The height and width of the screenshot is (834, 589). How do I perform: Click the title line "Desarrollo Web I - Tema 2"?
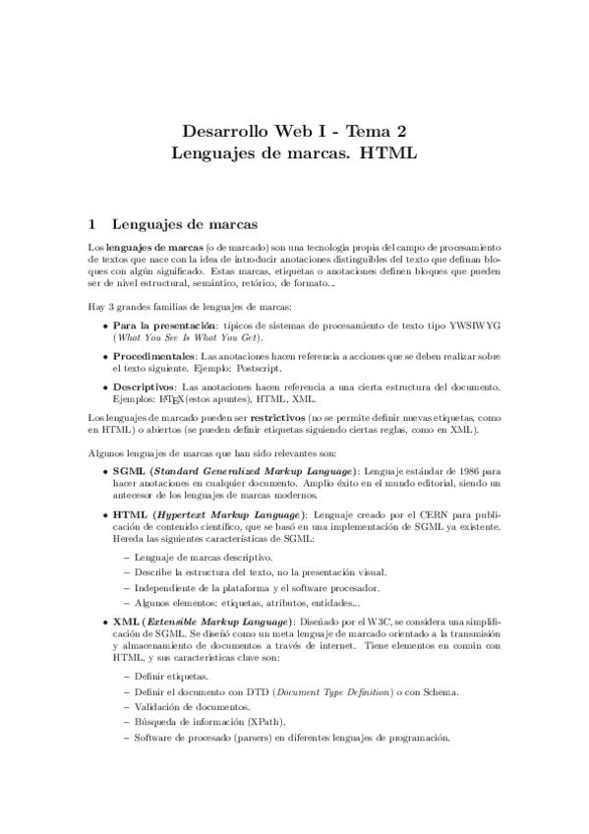pyautogui.click(x=294, y=131)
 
